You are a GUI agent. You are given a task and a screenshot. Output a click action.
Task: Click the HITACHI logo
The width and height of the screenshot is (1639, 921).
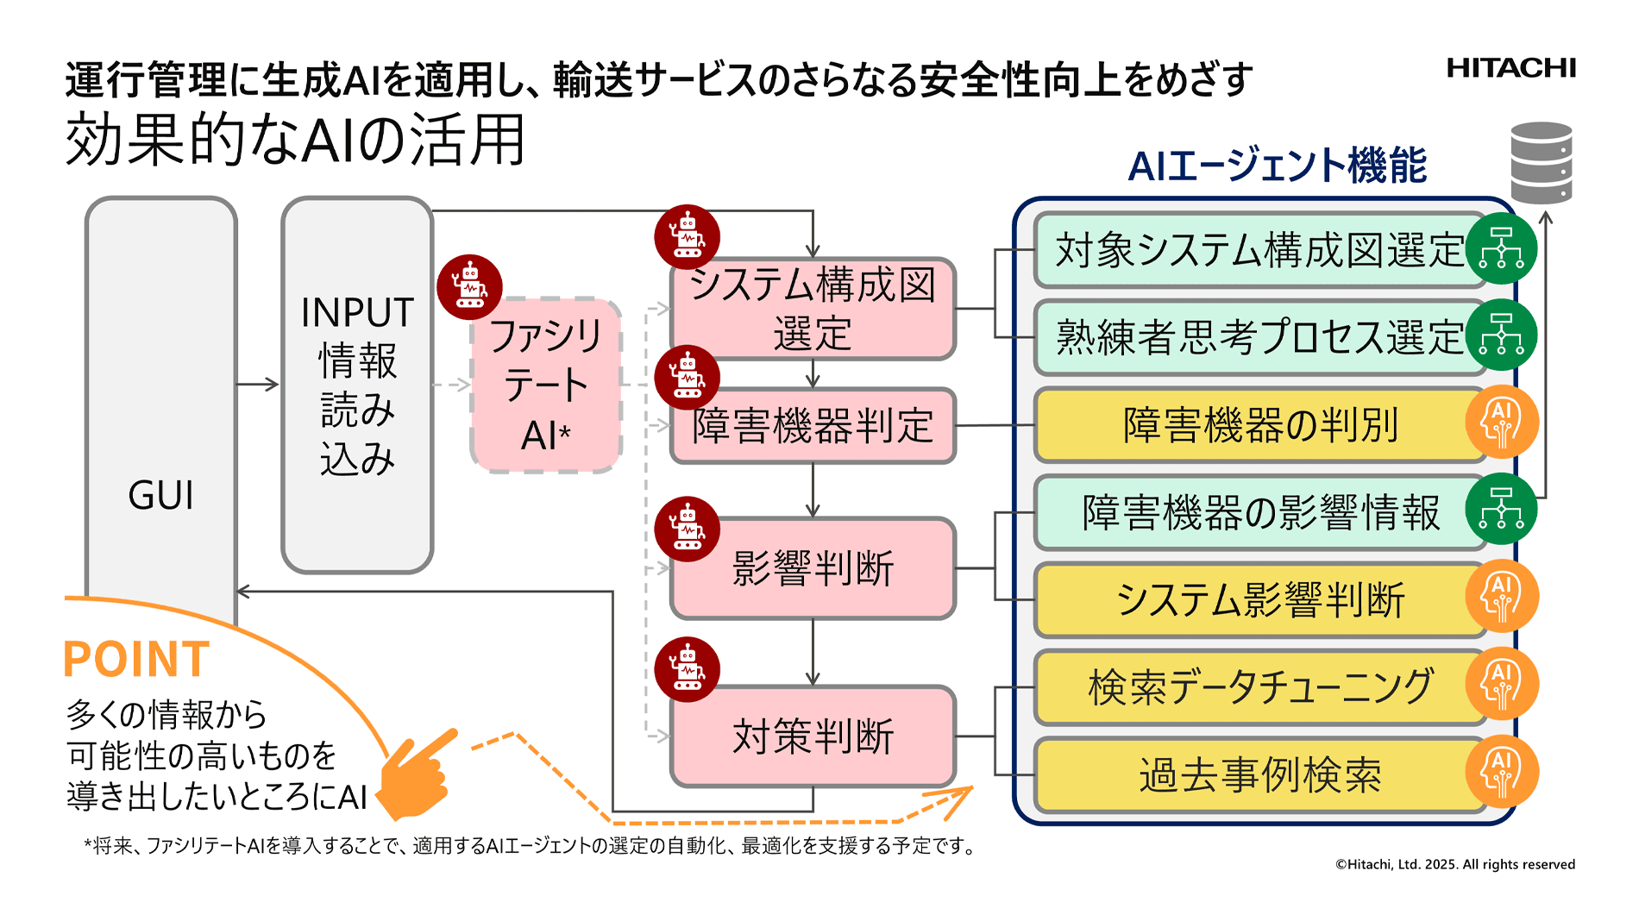[1510, 68]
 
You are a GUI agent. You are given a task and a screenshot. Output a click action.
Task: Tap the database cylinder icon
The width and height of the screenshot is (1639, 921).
[1542, 162]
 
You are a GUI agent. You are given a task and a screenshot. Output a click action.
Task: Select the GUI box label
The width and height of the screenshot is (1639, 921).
[161, 495]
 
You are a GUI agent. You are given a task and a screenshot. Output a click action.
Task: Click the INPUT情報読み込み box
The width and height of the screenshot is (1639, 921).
[357, 385]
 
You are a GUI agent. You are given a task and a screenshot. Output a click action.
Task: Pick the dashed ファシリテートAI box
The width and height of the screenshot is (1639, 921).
[546, 385]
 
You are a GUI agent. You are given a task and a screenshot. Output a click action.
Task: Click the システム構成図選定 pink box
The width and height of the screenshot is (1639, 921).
[813, 309]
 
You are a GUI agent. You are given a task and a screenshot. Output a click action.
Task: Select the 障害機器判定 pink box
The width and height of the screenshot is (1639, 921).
[813, 426]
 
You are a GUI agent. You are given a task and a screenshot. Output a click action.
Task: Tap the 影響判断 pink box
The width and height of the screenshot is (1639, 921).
[813, 568]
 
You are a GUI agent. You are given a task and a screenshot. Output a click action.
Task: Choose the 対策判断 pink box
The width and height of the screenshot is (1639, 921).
[813, 736]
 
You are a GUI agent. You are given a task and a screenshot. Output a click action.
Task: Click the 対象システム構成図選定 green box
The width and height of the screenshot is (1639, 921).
[1259, 250]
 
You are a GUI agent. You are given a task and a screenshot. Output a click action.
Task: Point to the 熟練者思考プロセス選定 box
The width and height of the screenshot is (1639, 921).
[1259, 337]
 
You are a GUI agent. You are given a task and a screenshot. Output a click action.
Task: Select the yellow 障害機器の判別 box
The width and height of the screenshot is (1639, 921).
[1259, 425]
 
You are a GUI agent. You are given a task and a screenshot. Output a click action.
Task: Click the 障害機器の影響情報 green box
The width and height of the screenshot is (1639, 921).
[1259, 512]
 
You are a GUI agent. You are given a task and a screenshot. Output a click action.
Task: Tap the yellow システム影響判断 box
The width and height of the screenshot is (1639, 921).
[1259, 599]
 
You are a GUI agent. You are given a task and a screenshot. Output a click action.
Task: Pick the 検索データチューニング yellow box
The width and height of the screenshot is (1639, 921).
[1259, 687]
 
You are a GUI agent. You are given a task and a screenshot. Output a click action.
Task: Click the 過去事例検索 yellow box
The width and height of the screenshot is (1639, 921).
[1259, 774]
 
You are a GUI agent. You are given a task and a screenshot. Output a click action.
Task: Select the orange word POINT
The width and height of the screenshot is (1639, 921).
[136, 660]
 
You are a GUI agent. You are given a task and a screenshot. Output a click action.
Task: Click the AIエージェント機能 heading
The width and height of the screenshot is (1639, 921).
[1277, 166]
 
